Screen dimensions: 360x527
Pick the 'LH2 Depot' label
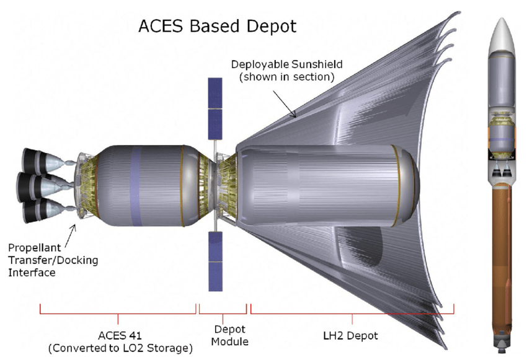click(351, 336)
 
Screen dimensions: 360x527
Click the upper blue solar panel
click(215, 108)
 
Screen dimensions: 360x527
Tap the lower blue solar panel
click(215, 260)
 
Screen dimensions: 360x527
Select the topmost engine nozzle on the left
click(36, 160)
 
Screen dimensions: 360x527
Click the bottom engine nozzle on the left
click(36, 211)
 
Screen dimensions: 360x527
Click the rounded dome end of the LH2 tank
click(409, 184)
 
